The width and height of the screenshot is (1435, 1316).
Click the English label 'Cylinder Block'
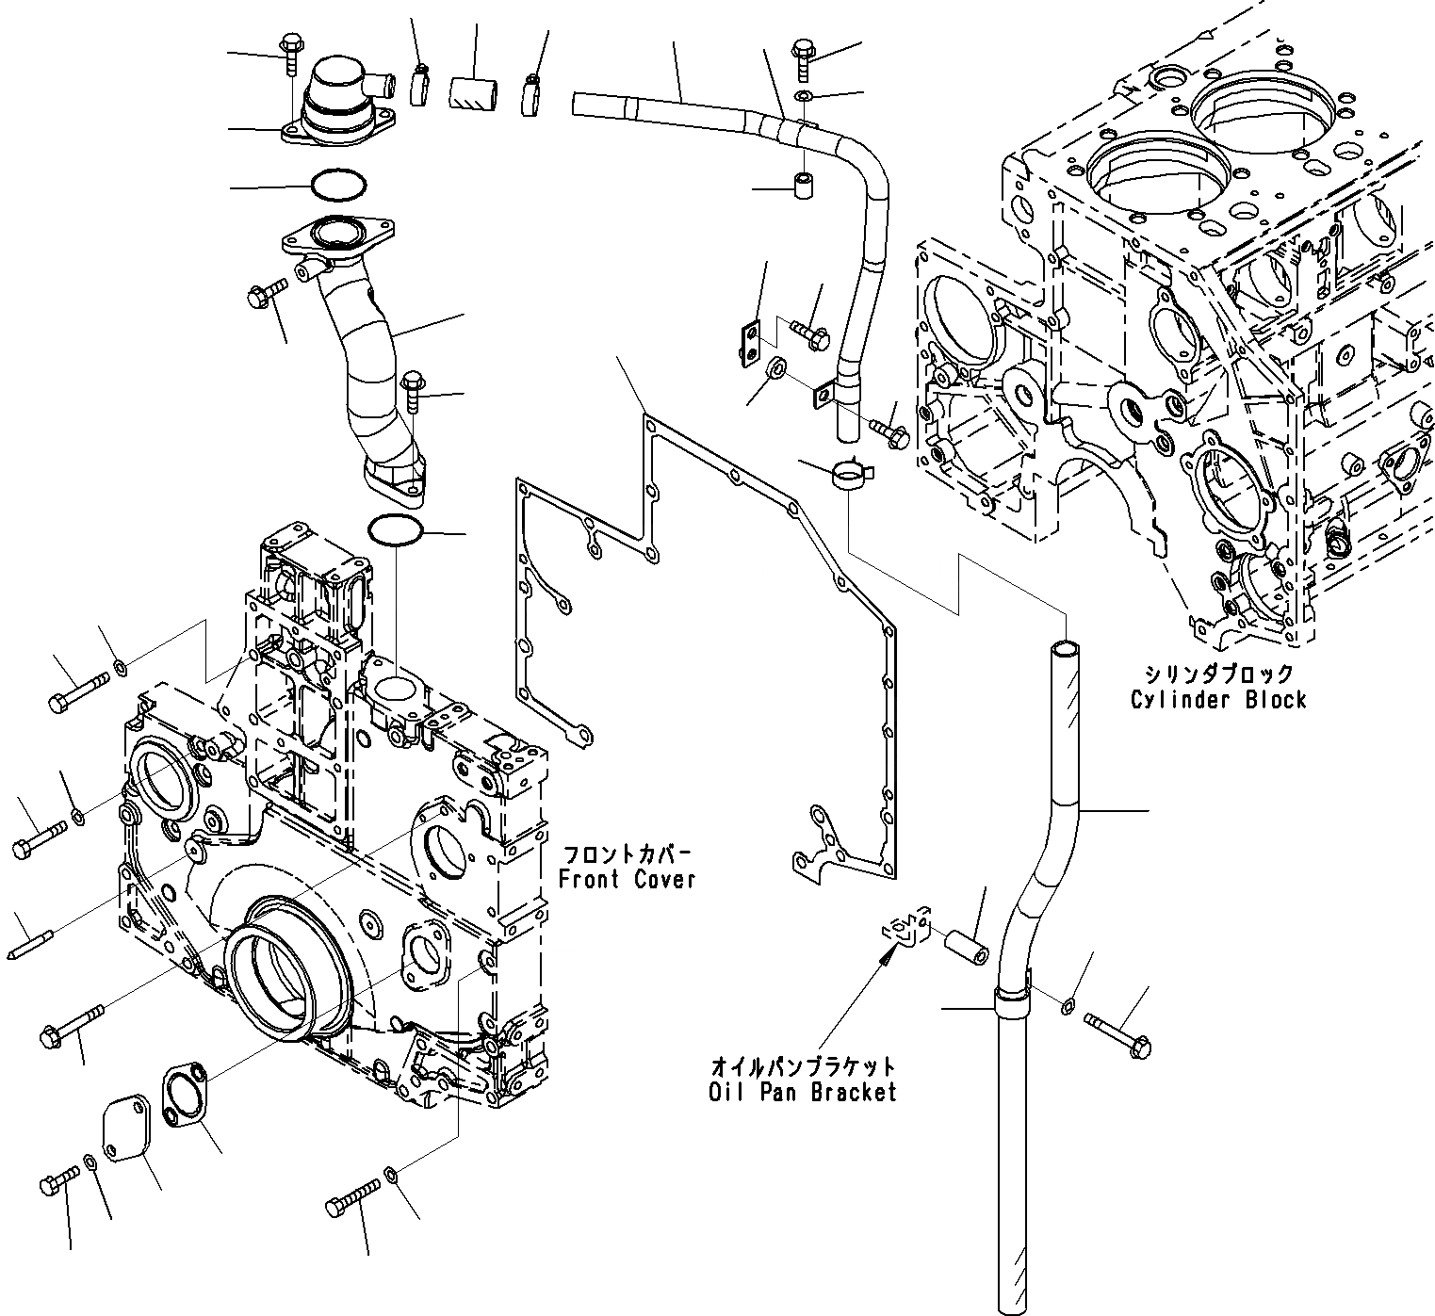[1218, 700]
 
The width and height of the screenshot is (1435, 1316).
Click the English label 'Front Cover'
[627, 879]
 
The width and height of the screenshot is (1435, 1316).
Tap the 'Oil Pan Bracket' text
[803, 1092]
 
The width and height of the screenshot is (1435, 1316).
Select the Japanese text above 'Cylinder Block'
[1218, 674]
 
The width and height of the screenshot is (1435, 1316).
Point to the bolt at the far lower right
[1118, 1032]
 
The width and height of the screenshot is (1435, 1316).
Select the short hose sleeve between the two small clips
[472, 92]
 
